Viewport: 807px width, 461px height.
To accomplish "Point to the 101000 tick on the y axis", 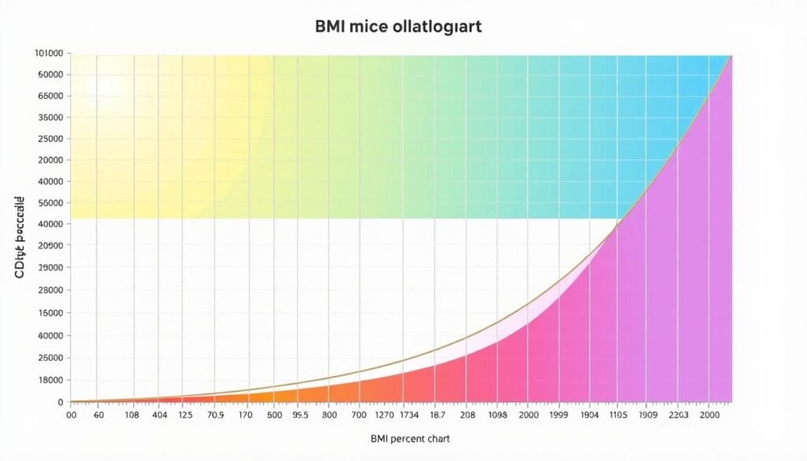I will point(49,54).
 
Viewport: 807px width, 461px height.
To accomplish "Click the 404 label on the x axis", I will point(160,415).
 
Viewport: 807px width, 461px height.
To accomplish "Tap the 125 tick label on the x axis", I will point(186,415).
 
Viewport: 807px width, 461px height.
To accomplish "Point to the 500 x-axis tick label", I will point(275,415).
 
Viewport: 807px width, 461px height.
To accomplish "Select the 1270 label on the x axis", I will point(385,415).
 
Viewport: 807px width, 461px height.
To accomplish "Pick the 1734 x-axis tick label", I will point(411,415).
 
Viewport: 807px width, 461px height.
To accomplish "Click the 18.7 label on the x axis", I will point(438,415).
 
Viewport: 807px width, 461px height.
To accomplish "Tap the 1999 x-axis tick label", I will point(558,415).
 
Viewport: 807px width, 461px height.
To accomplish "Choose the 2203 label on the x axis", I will point(679,415).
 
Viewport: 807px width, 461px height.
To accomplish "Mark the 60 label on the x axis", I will point(99,415).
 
